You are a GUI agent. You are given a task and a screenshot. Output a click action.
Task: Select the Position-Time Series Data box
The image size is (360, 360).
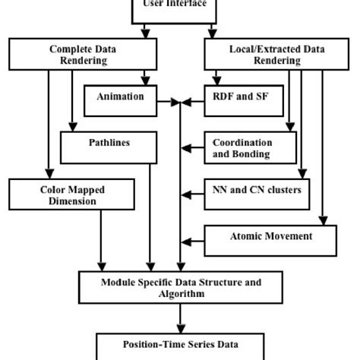tap(180, 346)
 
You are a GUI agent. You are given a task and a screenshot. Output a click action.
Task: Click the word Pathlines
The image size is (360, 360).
tap(109, 141)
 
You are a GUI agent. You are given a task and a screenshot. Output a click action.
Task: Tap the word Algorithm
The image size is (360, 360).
tap(181, 294)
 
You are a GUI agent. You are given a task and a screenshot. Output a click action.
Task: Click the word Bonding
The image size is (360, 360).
tap(250, 154)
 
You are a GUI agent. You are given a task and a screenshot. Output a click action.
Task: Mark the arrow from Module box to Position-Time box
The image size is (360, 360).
tap(180, 317)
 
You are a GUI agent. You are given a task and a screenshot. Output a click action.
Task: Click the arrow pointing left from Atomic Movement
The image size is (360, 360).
tap(192, 242)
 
